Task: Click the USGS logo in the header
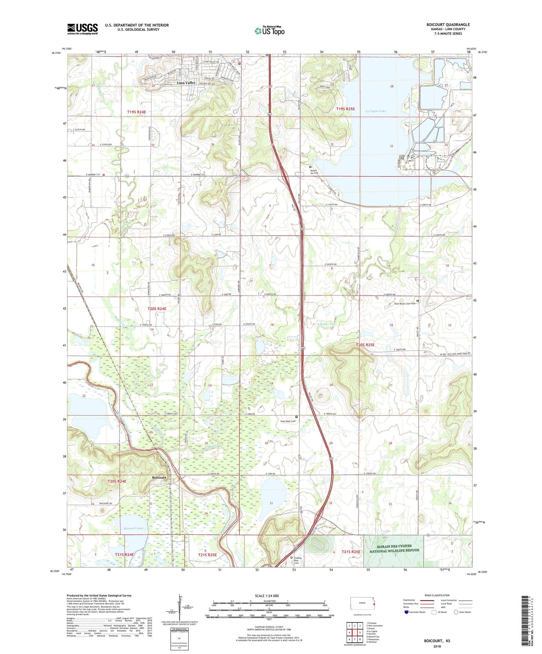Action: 82,29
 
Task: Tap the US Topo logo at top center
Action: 269,31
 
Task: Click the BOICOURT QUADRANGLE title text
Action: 448,25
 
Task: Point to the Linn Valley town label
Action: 186,83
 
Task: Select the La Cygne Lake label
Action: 375,111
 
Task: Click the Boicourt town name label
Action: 159,478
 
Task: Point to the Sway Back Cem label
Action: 288,421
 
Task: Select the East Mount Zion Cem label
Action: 405,304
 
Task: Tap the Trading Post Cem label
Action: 297,560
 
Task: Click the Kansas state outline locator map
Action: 362,603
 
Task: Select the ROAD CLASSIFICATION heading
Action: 437,595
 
